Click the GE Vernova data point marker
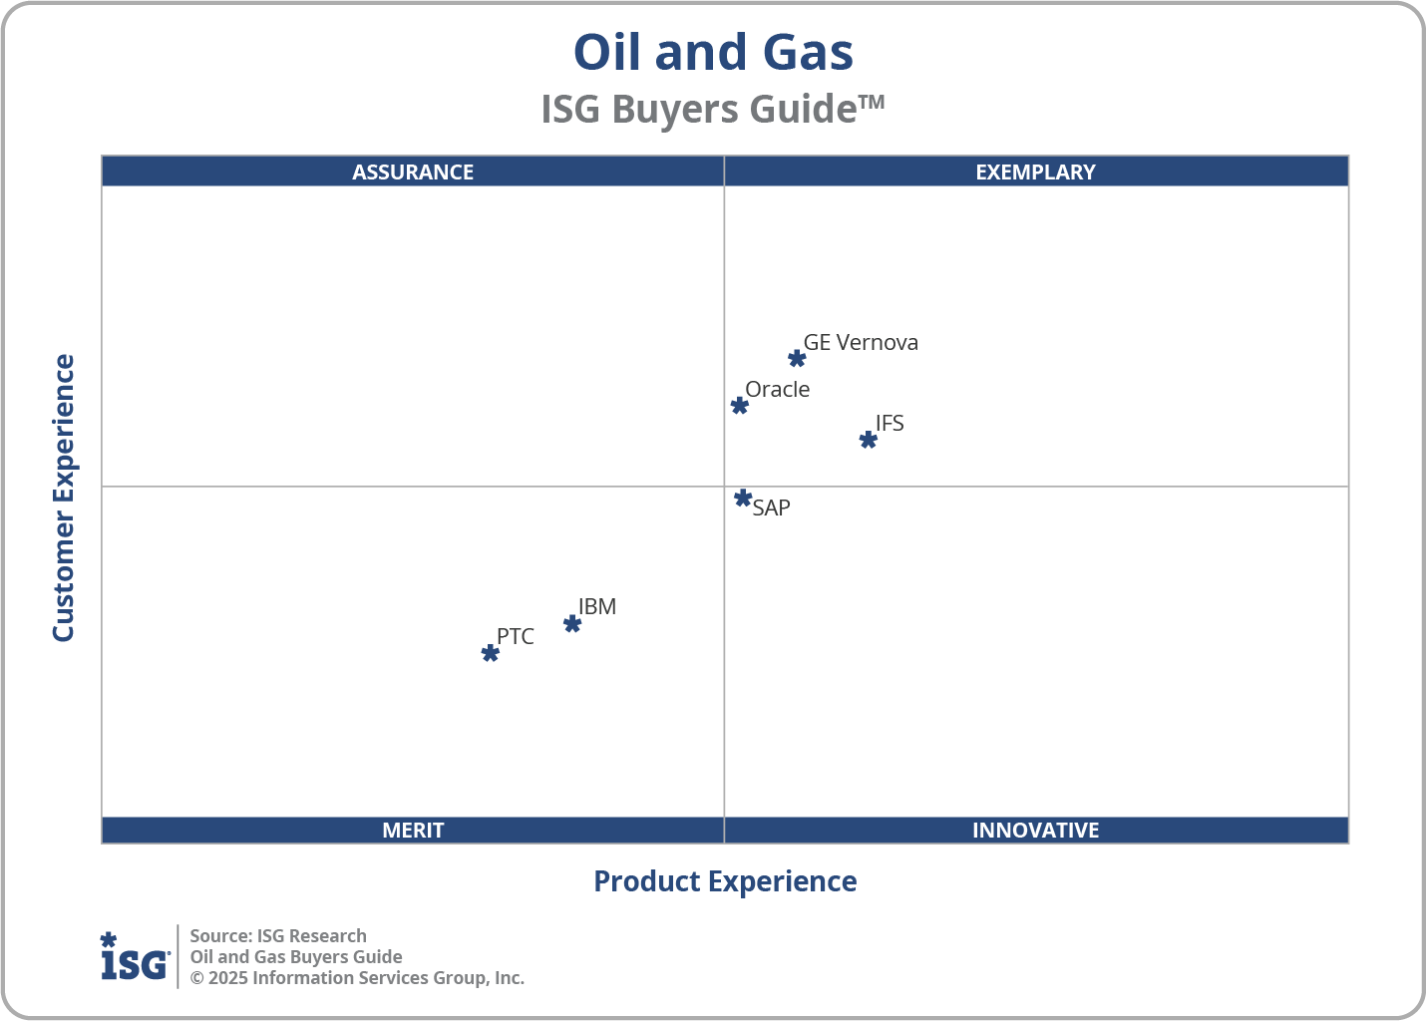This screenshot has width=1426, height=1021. [x=797, y=359]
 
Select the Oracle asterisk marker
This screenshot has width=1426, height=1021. [x=740, y=406]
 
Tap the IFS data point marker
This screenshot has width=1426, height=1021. [x=869, y=440]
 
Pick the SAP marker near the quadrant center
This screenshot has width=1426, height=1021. [x=743, y=498]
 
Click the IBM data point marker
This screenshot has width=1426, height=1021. [x=572, y=624]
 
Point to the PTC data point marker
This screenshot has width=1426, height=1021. [x=491, y=653]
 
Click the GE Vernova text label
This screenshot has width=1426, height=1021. [x=861, y=342]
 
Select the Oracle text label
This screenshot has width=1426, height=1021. [x=778, y=389]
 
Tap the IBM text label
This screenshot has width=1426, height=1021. [x=597, y=606]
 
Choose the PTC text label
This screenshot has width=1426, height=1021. [x=516, y=636]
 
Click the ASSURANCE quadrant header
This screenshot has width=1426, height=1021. [x=413, y=171]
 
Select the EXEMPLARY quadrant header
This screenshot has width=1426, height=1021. [x=1035, y=171]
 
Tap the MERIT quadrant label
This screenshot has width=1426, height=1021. [x=413, y=830]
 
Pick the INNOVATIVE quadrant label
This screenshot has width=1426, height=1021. [x=1035, y=830]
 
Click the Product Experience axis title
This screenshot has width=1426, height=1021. [x=725, y=881]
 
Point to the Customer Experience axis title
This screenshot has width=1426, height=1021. [x=64, y=499]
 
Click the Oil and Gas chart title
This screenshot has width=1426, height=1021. [x=713, y=52]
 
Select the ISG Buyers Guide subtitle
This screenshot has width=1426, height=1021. [x=712, y=109]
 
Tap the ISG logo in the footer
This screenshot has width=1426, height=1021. [x=135, y=957]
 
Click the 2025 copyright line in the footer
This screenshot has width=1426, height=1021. [x=357, y=977]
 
